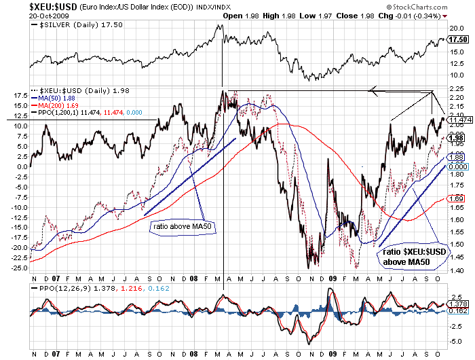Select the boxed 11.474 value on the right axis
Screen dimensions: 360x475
pos(457,120)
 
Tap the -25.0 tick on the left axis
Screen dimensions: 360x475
pos(19,268)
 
